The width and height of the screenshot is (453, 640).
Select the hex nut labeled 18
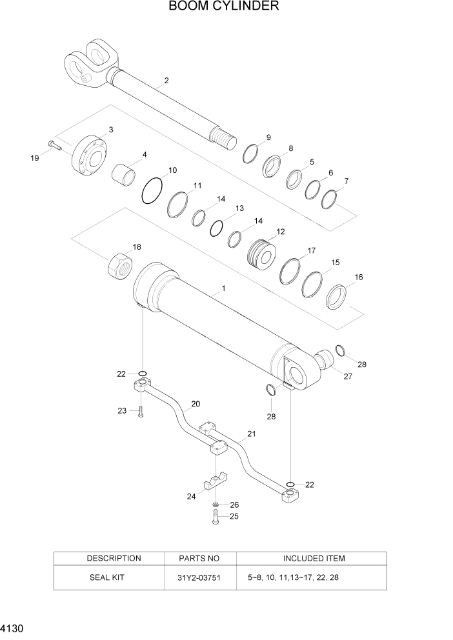tap(119, 264)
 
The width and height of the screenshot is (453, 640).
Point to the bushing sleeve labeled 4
tap(126, 174)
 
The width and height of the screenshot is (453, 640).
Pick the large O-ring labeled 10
tap(152, 190)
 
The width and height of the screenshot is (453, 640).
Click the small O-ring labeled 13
tap(217, 228)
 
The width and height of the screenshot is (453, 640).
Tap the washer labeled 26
tap(216, 504)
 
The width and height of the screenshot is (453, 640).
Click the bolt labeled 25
tap(216, 517)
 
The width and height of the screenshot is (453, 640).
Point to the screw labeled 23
tap(140, 411)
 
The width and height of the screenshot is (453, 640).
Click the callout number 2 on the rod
tap(166, 81)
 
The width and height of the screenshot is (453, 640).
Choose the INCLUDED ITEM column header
tap(314, 558)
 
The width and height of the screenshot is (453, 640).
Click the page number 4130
tap(10, 627)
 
